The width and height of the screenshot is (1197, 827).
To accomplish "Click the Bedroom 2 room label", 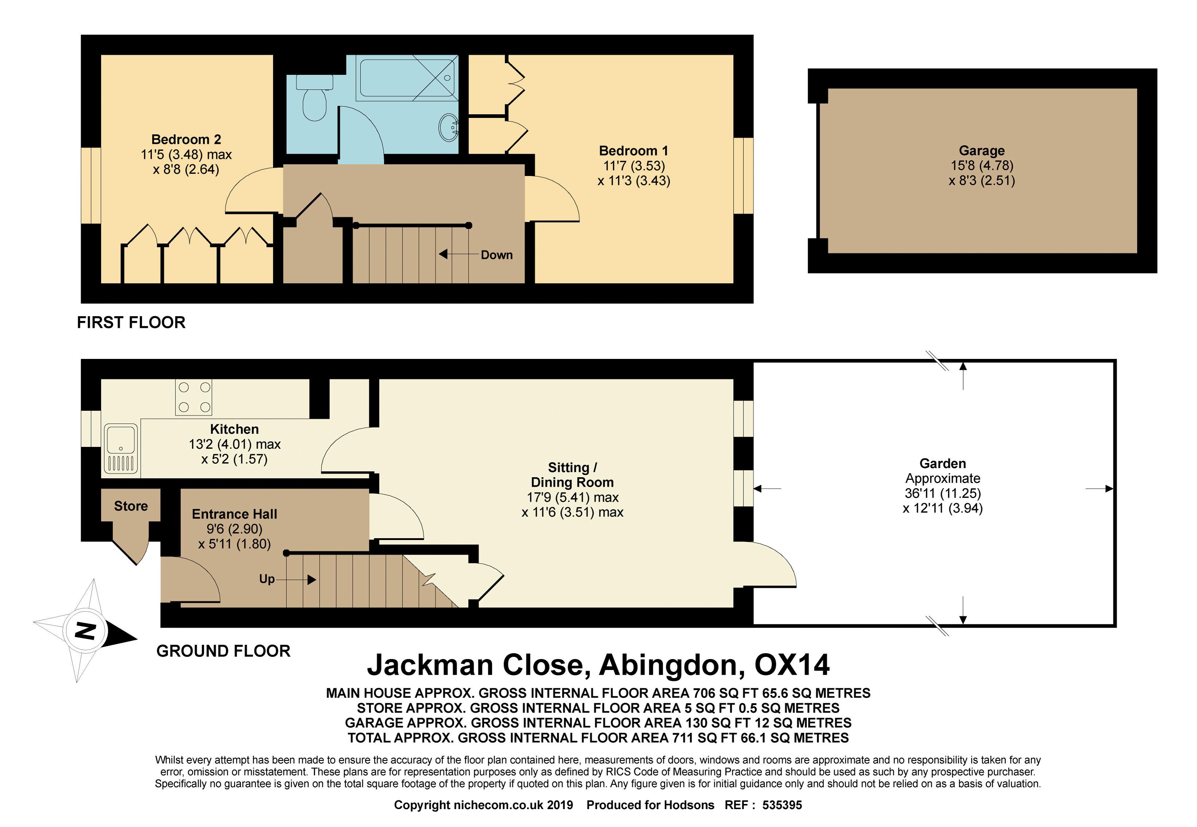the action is click(x=186, y=139).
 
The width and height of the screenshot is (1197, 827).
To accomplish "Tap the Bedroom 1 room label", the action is click(x=634, y=151).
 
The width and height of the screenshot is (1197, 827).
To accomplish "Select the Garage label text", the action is click(x=982, y=151).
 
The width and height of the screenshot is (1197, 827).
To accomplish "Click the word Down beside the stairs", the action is click(x=497, y=255).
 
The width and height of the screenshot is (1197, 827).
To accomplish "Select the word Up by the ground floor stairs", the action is click(x=267, y=579).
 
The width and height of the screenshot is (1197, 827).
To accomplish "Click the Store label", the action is click(x=131, y=506).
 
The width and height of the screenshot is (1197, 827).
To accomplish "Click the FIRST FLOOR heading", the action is click(x=131, y=323).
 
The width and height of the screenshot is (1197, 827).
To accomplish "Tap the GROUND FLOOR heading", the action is click(x=223, y=651).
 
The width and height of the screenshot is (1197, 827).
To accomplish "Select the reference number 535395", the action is click(x=782, y=805).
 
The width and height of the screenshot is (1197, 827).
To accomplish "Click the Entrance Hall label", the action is click(x=235, y=514).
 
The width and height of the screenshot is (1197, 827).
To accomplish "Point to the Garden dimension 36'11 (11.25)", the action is click(x=943, y=493).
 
